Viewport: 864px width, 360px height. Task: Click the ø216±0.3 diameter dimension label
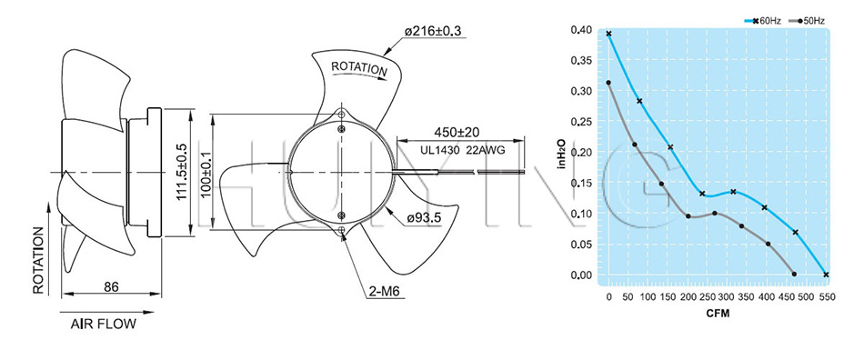[x=433, y=32]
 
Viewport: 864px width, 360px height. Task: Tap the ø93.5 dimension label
[x=424, y=218]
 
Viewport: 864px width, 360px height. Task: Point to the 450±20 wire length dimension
[x=457, y=132]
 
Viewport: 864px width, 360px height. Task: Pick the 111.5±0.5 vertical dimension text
[x=181, y=173]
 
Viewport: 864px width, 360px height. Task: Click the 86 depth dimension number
[x=112, y=286]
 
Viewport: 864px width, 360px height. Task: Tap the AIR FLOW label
[x=103, y=324]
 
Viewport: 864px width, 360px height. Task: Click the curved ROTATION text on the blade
[x=359, y=68]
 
